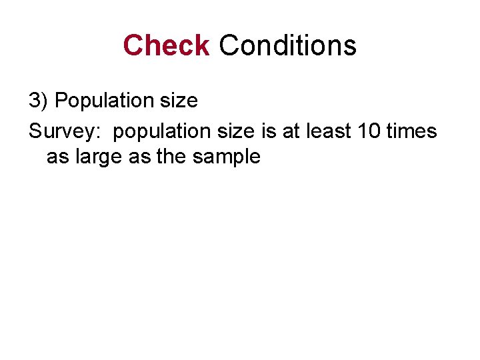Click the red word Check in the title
[166, 45]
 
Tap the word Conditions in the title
[287, 45]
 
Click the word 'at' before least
[291, 131]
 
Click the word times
[411, 131]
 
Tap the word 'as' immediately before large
[57, 157]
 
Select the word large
[91, 158]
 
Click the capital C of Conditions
[228, 45]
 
